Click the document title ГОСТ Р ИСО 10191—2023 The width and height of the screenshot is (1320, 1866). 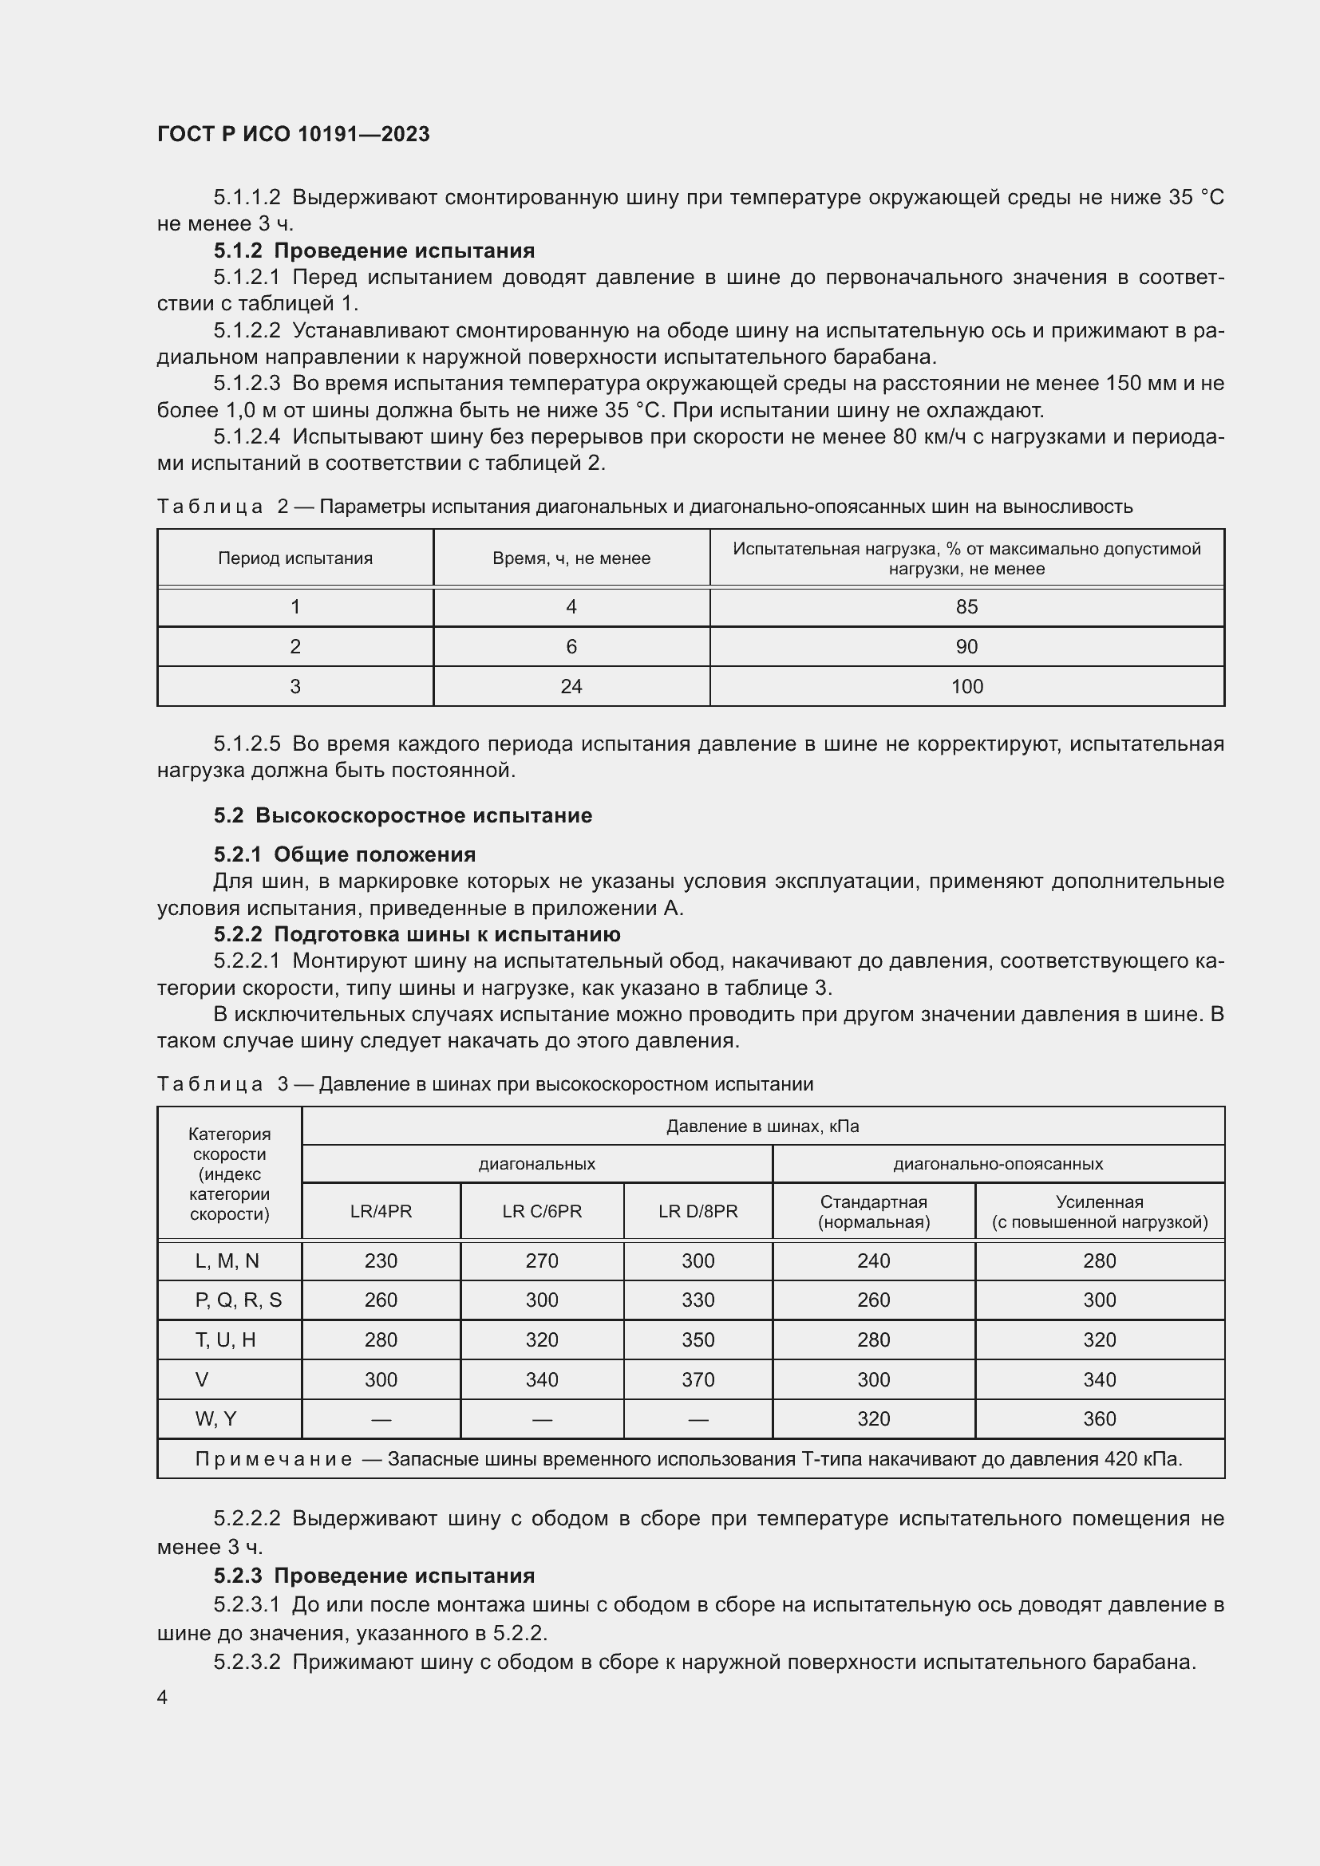pyautogui.click(x=294, y=134)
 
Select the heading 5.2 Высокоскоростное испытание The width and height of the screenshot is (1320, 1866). pyautogui.click(x=402, y=815)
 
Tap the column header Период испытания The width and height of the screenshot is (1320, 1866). pyautogui.click(x=295, y=558)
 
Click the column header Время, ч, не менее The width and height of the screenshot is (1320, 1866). pyautogui.click(x=571, y=558)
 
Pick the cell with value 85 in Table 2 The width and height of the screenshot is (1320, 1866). pyautogui.click(x=966, y=607)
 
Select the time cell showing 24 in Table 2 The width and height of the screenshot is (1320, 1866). pyautogui.click(x=571, y=687)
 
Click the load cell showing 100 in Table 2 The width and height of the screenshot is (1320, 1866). pyautogui.click(x=966, y=687)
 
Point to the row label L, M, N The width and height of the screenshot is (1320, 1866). pyautogui.click(x=227, y=1260)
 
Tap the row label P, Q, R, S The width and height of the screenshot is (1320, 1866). pyautogui.click(x=238, y=1300)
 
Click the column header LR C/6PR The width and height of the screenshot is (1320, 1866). pyautogui.click(x=542, y=1211)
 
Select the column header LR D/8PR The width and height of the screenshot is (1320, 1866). pyautogui.click(x=698, y=1211)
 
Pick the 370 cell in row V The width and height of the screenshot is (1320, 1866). pyautogui.click(x=698, y=1379)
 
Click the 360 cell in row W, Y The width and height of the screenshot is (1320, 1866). pyautogui.click(x=1099, y=1419)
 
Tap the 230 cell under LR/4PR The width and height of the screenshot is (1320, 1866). pyautogui.click(x=381, y=1260)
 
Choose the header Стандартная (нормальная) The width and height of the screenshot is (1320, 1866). pyautogui.click(x=874, y=1211)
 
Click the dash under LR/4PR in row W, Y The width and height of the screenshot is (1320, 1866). pyautogui.click(x=381, y=1419)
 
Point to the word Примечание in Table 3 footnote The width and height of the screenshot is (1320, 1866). pyautogui.click(x=273, y=1459)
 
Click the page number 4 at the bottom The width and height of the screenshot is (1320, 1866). pyautogui.click(x=163, y=1698)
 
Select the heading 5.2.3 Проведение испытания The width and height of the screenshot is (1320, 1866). pyautogui.click(x=373, y=1576)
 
